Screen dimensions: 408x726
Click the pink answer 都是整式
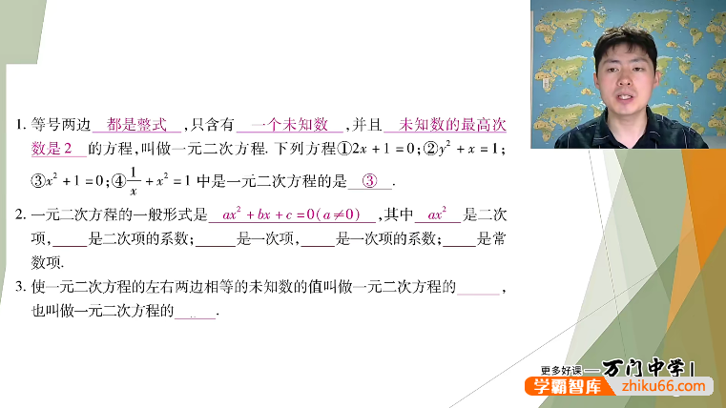[x=137, y=125]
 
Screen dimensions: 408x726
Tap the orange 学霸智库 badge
[x=557, y=388]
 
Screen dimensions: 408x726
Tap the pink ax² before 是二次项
[x=438, y=214]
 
